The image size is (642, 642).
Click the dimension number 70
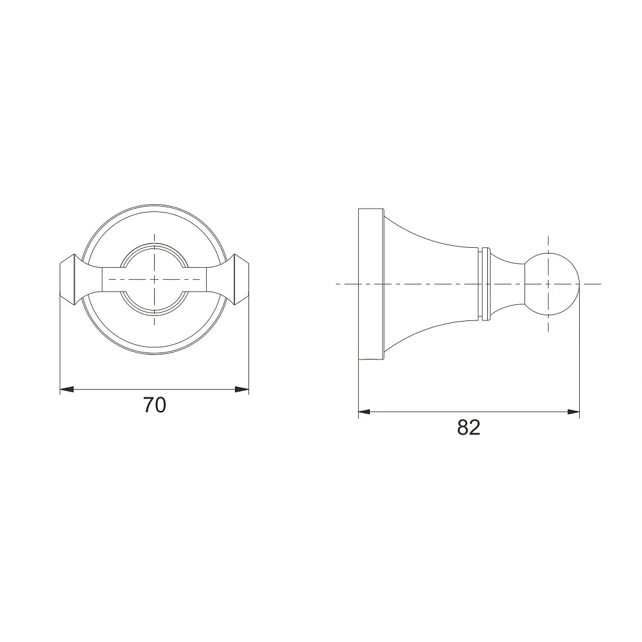(154, 405)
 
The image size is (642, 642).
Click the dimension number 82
(469, 428)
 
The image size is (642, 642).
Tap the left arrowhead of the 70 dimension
(66, 390)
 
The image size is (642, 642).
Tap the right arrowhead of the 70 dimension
(243, 390)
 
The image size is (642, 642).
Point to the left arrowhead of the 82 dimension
(365, 412)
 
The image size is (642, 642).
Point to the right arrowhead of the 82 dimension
(573, 412)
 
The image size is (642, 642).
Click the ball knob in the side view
(552, 284)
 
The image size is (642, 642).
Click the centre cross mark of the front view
(154, 280)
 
